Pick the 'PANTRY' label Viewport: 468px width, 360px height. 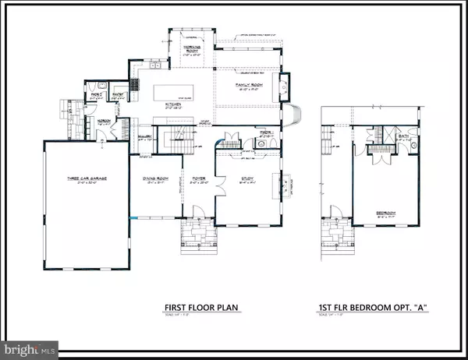[119, 92]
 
